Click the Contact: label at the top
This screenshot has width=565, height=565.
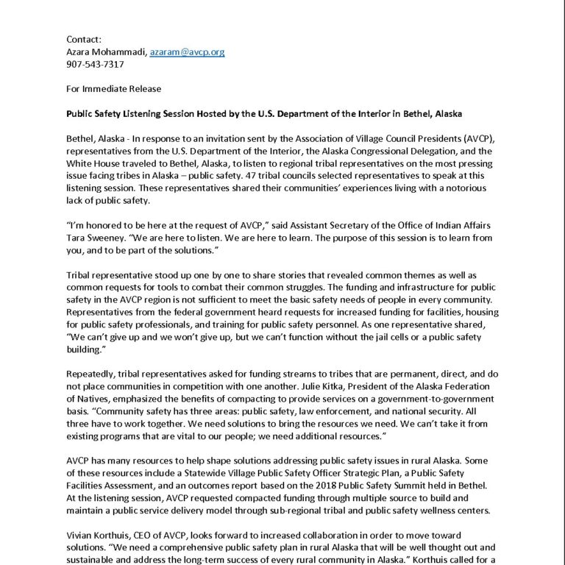[85, 39]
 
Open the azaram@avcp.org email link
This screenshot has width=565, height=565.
[187, 51]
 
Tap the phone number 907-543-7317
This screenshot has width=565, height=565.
[96, 64]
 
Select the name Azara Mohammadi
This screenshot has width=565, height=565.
[106, 51]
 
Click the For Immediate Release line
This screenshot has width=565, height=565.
[113, 89]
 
